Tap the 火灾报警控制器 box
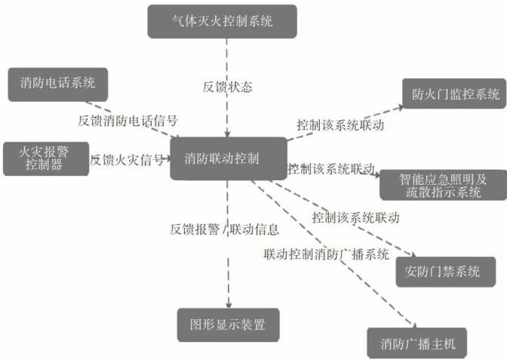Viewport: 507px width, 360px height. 45,158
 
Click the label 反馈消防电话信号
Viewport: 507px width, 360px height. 128,120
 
